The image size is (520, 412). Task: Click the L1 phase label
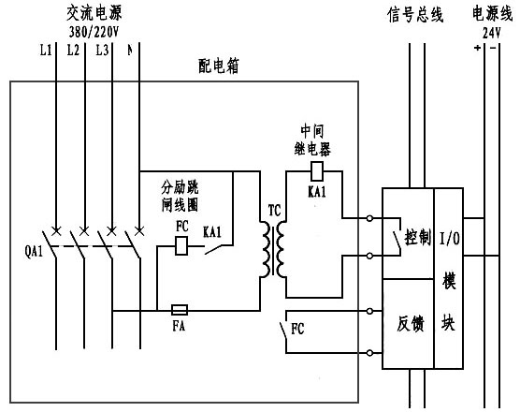coord(46,51)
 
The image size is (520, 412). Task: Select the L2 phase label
coord(74,51)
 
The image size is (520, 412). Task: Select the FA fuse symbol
coord(180,308)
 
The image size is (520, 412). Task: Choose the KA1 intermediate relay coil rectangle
coord(317,171)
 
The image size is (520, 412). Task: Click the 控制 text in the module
coord(416,237)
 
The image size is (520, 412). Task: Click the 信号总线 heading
coord(415,14)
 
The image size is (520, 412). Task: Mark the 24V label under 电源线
coord(492,31)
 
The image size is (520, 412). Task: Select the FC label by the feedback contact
coord(297,331)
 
